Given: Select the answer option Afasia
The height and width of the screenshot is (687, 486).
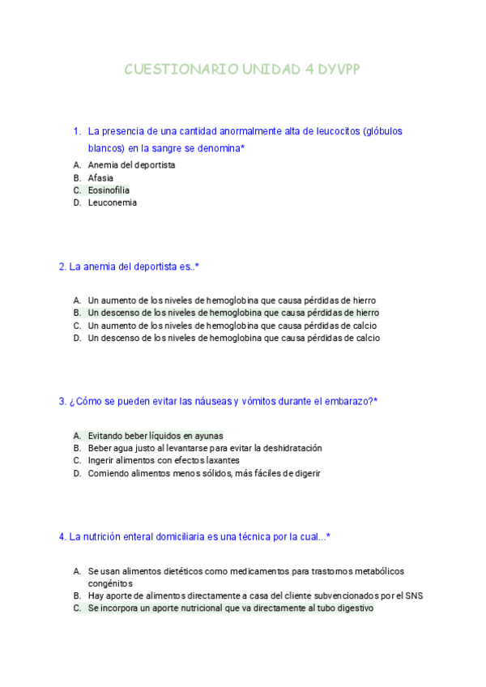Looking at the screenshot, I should click(100, 177).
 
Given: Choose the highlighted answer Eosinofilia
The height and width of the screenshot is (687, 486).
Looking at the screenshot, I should click(109, 190).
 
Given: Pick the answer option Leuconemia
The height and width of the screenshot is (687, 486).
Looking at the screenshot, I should click(112, 203).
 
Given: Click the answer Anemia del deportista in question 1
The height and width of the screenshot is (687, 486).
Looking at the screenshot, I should click(131, 165).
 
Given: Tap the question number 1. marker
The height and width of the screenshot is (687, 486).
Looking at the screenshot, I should click(77, 131).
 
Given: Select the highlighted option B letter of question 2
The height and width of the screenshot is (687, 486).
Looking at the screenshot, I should click(77, 313).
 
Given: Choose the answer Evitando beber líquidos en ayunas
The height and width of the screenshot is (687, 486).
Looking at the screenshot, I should click(156, 435).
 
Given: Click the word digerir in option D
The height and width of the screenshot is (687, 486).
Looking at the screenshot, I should click(304, 474).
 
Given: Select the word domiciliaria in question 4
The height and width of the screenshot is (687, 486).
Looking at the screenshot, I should click(197, 536).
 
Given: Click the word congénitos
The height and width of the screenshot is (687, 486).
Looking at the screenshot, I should click(110, 583).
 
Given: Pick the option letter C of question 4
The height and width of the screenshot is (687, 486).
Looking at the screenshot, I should click(77, 608).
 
